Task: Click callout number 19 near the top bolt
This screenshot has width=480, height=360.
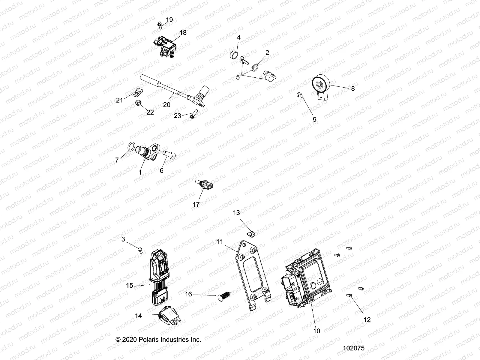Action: click(169, 20)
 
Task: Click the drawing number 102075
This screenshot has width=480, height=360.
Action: click(354, 348)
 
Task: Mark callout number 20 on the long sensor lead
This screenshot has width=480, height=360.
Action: click(166, 104)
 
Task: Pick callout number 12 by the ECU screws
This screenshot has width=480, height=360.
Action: click(367, 320)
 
